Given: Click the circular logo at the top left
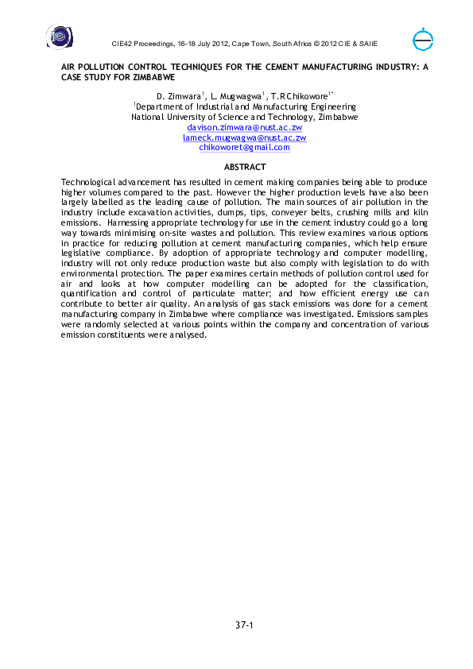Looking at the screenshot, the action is (x=59, y=36).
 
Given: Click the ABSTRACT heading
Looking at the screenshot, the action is (x=244, y=168).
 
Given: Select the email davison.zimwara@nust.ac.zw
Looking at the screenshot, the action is (x=244, y=127).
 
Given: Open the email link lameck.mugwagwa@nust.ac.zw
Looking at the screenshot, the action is (x=244, y=137).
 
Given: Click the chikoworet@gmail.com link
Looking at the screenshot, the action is (x=244, y=147).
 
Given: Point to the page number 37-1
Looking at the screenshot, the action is (x=244, y=626).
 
